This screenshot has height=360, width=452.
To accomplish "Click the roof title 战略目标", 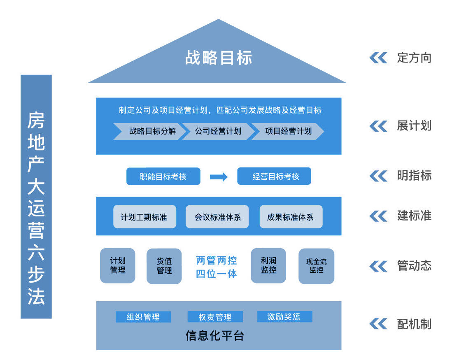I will pos(218,58).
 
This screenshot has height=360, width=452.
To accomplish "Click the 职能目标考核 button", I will pos(163,177).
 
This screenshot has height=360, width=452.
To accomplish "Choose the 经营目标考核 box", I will pos(274,177).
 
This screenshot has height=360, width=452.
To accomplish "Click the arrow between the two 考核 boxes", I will pos(219,177).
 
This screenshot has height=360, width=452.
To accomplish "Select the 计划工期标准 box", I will pos(144,216).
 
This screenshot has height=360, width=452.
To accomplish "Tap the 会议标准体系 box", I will pos(217,216).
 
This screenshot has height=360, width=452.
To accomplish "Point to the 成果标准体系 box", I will pos(291,216).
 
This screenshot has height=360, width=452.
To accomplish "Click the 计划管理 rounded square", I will pos(118,265).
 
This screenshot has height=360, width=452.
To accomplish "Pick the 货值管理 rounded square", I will pos(164,266).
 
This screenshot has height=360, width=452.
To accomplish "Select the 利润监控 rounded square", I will pos(268,265).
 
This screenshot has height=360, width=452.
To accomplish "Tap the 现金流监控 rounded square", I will pos(316,266).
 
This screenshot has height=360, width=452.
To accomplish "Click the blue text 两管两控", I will pos(217,260).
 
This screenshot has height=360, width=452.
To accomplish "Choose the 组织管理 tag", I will pos(143,317).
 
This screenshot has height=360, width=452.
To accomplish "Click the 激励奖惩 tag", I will pos(284,317).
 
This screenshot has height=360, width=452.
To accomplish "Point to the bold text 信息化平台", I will pos(215,336).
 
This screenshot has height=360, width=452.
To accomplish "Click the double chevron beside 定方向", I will pos(378,58).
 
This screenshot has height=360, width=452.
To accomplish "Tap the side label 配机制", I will pos(414,324).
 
